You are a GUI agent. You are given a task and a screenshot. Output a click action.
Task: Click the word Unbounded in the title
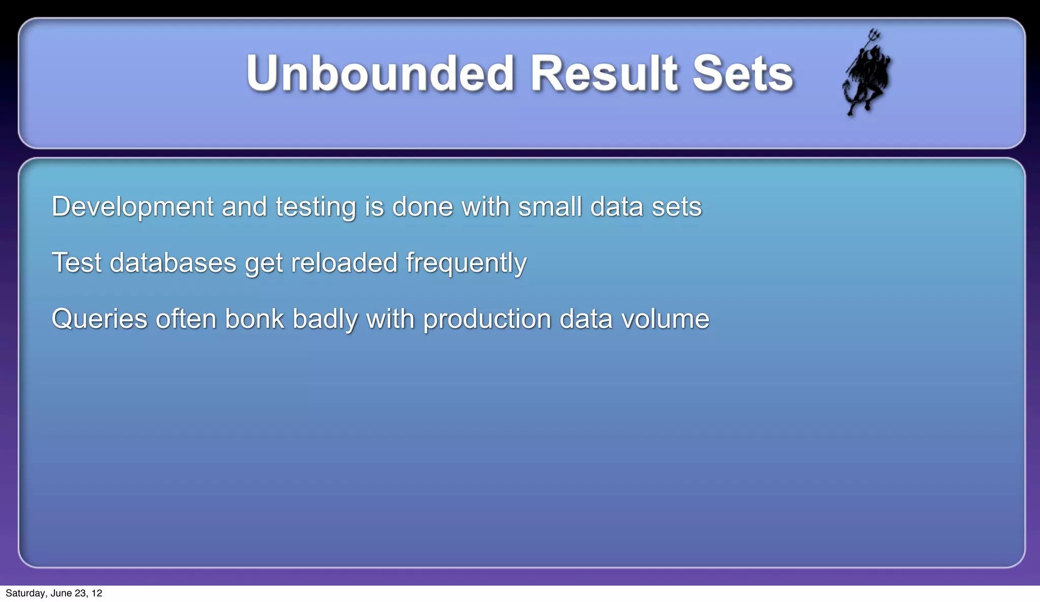(x=380, y=74)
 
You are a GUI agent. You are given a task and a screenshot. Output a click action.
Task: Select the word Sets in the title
(x=742, y=74)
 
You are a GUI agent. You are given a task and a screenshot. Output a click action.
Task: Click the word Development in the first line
(x=133, y=207)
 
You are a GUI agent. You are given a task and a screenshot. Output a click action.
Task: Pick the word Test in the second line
(x=77, y=263)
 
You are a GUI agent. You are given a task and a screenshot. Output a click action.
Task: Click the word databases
(x=173, y=263)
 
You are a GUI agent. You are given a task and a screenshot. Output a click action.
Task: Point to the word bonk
(x=254, y=319)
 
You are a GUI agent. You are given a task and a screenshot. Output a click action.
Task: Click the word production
(x=487, y=319)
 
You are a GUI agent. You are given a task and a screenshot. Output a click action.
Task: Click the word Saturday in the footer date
(x=25, y=593)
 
